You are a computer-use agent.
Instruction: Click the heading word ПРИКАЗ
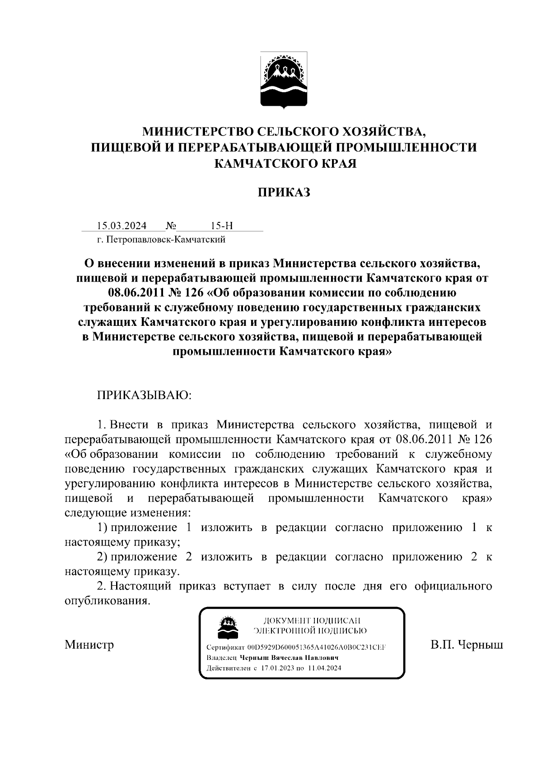(x=284, y=193)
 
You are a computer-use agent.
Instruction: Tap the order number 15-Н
(x=222, y=226)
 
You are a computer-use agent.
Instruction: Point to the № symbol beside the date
(x=171, y=226)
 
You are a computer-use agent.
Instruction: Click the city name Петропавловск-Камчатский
(x=165, y=240)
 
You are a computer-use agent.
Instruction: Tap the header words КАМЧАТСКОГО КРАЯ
(x=284, y=163)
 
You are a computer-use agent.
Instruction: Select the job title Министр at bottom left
(x=89, y=644)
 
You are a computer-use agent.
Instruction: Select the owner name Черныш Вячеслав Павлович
(x=289, y=658)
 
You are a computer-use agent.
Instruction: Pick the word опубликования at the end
(x=106, y=601)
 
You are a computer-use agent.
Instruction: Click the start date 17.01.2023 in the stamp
(x=277, y=668)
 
